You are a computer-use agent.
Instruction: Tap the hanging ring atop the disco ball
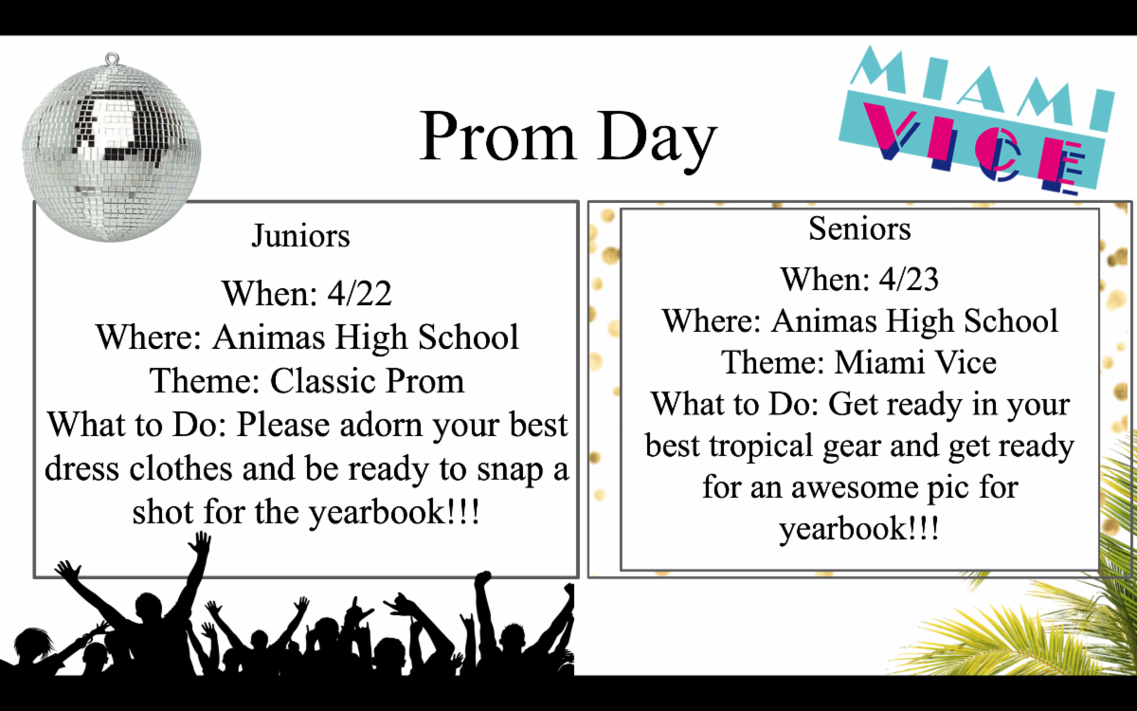(x=112, y=59)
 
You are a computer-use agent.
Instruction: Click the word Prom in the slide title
(x=497, y=137)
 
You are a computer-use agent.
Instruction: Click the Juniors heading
(x=300, y=236)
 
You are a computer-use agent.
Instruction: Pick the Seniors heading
(x=859, y=228)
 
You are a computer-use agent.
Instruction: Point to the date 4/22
(x=359, y=294)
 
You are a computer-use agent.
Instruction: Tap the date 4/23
(x=909, y=279)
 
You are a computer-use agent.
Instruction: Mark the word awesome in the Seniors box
(x=855, y=487)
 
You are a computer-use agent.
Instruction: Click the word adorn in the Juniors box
(x=381, y=425)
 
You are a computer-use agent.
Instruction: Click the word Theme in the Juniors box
(x=205, y=381)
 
